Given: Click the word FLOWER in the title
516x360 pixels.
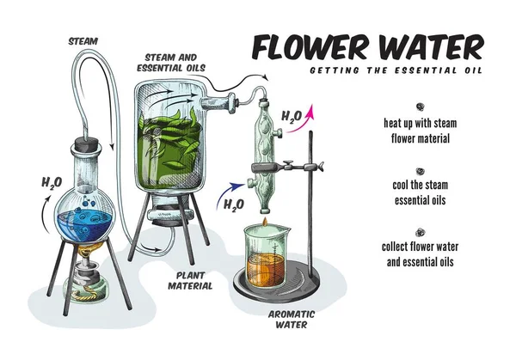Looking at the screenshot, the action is pos(310,48).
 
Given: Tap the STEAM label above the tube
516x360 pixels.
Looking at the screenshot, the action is pos(83,41).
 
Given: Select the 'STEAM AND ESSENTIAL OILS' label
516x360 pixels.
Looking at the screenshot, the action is pos(171,63).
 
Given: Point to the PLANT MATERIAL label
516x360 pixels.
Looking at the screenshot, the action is pos(190,281).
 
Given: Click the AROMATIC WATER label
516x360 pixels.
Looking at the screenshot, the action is pos(292,320).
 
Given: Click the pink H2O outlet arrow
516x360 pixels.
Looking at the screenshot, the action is pos(301,122).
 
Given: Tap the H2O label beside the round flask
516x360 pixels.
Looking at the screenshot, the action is pos(52,183).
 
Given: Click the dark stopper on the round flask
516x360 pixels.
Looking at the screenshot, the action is pos(87,144).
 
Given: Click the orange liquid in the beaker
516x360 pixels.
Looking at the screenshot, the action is pos(265,269).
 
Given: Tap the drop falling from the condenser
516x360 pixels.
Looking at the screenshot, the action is pos(265,222).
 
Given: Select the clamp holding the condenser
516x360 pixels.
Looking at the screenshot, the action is pos(287,168).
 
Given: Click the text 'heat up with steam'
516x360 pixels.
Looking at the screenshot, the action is pos(421,123).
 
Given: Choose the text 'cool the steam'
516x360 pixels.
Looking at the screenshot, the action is pos(421,185).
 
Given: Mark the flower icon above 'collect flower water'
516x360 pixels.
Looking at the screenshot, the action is pos(420,233).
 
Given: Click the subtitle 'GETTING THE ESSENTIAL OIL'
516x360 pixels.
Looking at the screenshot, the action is pos(396,70).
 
